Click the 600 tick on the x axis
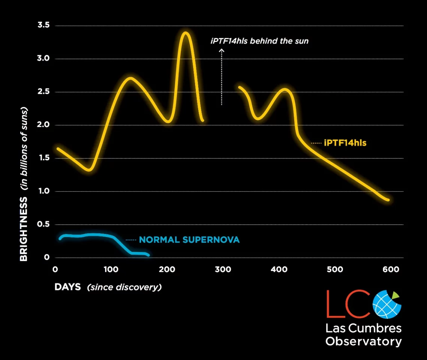tap(391, 269)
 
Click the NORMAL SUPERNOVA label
tap(189, 240)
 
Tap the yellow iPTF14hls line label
tap(345, 143)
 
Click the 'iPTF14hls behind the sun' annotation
tap(259, 41)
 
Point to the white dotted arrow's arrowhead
tap(221, 50)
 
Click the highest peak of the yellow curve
tap(185, 33)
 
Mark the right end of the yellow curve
tap(388, 200)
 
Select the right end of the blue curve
tap(148, 255)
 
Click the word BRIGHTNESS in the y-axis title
tap(24, 229)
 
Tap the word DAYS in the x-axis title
tap(68, 287)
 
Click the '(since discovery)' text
tap(124, 288)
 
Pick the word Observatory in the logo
tap(363, 342)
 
